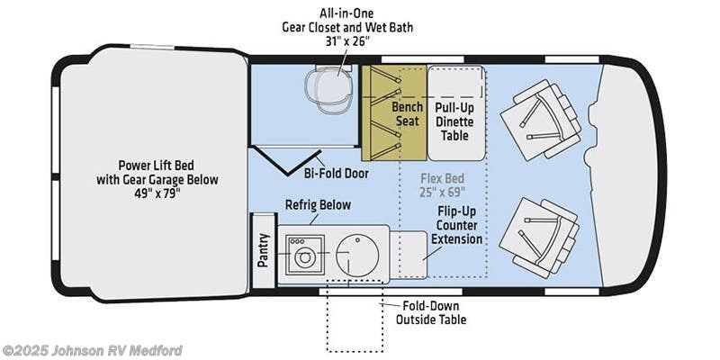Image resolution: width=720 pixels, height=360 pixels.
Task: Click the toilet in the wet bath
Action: coord(329,88)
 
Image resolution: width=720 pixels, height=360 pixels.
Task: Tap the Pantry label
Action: coord(263,250)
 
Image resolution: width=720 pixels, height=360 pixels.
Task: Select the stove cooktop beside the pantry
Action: coord(304,255)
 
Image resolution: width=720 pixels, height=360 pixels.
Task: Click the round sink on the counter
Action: coord(357,255)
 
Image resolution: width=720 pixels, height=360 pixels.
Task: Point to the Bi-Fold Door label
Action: coord(336,174)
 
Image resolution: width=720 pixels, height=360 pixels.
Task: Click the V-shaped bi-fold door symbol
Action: coord(286,161)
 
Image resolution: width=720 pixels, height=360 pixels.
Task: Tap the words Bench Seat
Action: coord(407,113)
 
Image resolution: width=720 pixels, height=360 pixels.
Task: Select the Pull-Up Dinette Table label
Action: coord(454,121)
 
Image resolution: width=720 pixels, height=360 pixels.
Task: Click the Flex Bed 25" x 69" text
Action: coord(442,184)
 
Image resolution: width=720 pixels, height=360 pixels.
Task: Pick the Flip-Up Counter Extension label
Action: coord(456,225)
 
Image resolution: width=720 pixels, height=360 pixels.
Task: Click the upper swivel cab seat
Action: coord(541,120)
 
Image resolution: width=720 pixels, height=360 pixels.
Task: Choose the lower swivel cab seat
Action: coord(538,238)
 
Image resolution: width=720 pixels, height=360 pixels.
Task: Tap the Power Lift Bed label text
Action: coord(157,165)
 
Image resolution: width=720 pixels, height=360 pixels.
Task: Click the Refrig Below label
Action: coord(318,205)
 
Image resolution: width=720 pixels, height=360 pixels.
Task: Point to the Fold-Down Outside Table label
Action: coord(431,312)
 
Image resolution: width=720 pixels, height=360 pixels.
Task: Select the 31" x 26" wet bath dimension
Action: coord(347,40)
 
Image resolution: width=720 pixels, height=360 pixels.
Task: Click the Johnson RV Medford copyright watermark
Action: coord(92,350)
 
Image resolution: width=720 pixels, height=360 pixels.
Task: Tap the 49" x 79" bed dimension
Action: coord(157,193)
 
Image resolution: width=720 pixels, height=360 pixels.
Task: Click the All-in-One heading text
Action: coord(346,13)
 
